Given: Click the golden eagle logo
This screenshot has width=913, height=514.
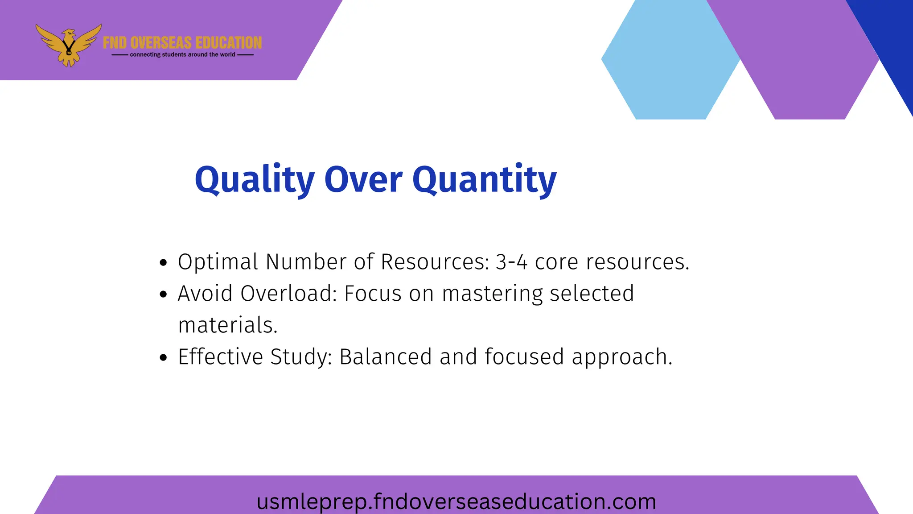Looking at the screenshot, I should point(68,45).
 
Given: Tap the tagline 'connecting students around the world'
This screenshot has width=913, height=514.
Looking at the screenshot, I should point(182,54).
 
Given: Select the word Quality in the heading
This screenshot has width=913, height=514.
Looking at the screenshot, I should point(255,179).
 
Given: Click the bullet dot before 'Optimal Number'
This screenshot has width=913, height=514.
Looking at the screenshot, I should point(163,262).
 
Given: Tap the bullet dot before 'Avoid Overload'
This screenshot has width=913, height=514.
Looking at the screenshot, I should point(163,294).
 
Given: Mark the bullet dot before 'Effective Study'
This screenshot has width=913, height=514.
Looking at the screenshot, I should point(163,357).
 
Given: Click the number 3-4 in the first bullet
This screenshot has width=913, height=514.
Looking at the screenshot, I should point(511,262).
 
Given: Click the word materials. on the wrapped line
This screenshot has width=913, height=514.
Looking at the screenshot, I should point(228,325).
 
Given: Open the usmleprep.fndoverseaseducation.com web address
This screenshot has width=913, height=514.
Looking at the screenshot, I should point(456,501).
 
